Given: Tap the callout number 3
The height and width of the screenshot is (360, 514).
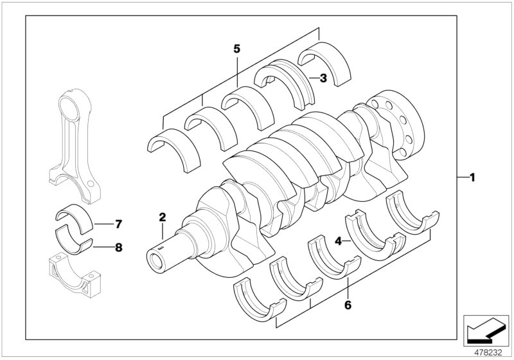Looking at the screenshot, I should click(323, 78).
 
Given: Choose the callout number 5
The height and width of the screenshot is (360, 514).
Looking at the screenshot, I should click(236, 49).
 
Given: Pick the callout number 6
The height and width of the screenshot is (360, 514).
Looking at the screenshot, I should click(348, 306).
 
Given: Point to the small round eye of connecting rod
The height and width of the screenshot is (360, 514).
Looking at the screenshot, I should click(71, 104).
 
